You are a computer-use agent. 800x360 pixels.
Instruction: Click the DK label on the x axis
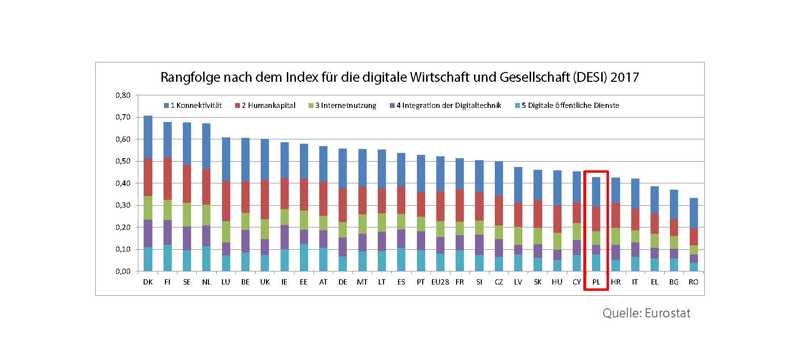(148, 282)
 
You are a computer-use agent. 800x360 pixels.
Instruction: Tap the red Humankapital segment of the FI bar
(167, 179)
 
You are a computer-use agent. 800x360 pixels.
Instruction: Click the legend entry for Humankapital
(265, 105)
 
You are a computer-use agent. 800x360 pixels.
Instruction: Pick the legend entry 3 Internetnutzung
(342, 105)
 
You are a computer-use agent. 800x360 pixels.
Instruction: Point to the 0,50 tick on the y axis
(123, 161)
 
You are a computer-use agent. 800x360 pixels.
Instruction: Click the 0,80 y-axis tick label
(123, 95)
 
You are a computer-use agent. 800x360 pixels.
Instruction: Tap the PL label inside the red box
(596, 282)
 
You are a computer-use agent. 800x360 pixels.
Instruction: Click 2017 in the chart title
(625, 77)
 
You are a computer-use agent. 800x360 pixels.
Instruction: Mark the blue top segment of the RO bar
(694, 213)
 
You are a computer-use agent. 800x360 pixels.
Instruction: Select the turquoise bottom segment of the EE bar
(304, 257)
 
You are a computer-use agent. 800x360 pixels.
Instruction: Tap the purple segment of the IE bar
(284, 237)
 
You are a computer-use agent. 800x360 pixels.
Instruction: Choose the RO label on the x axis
(694, 282)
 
